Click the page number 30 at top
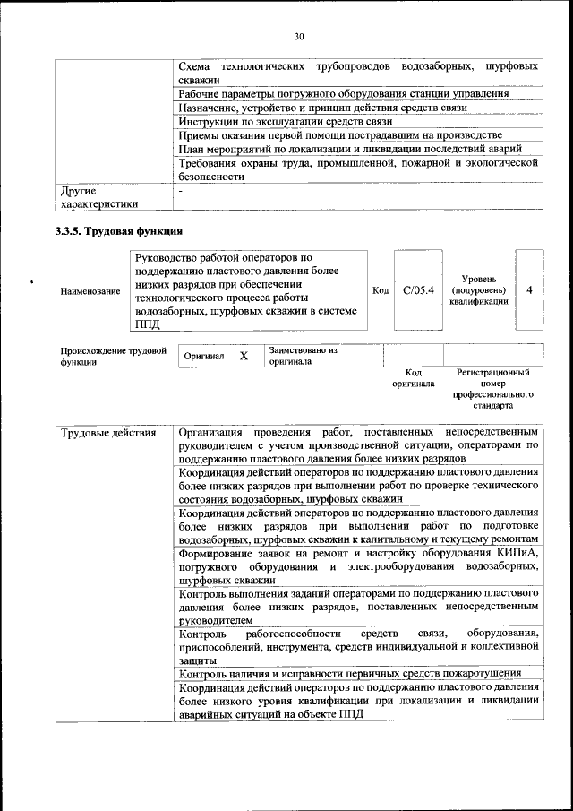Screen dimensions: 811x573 tap(298, 36)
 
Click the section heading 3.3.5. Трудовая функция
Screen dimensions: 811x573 tap(113, 232)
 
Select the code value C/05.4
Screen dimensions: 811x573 tap(418, 290)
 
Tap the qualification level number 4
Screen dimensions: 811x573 tap(530, 290)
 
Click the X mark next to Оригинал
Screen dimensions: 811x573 tap(244, 356)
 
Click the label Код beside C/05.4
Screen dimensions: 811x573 tap(380, 290)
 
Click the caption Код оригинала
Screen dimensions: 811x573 tap(413, 377)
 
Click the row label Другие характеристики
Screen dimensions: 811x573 tap(98, 197)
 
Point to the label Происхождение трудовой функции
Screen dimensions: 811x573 tap(113, 356)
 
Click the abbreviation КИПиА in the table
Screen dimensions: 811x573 tap(518, 553)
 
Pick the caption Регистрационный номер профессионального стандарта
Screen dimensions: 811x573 tap(492, 388)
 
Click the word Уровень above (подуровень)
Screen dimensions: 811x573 tap(479, 279)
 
